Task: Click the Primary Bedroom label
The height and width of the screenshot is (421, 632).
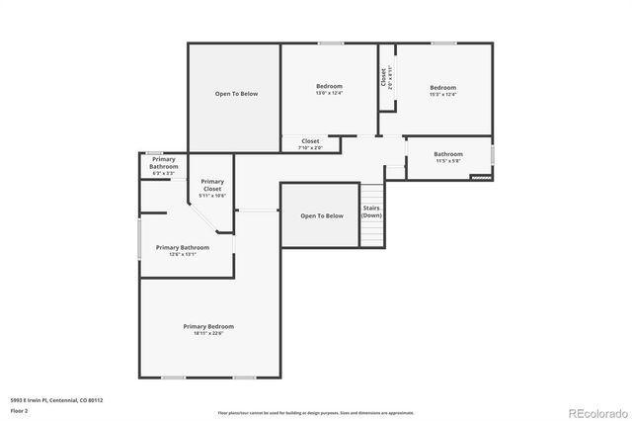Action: [x=208, y=326]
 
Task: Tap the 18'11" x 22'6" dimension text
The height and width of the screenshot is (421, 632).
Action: [x=208, y=333]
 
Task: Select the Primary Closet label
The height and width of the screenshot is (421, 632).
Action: [x=212, y=184]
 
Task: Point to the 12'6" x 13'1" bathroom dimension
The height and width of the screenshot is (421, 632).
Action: [x=182, y=254]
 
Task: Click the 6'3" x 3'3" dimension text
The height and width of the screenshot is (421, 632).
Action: [x=164, y=174]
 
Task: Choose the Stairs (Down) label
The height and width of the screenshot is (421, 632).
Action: [x=371, y=211]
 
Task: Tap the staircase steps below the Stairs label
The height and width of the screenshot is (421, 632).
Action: [x=371, y=233]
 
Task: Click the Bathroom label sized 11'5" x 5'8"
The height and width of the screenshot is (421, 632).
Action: [x=448, y=153]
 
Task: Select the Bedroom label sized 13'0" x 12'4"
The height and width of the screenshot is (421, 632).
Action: [x=329, y=87]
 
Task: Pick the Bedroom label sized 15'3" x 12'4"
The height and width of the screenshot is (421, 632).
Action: [x=443, y=87]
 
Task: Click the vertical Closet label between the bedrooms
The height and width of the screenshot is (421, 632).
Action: [x=382, y=76]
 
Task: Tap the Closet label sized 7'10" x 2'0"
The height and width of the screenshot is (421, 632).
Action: [x=310, y=141]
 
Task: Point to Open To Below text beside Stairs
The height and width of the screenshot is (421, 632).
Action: [x=322, y=215]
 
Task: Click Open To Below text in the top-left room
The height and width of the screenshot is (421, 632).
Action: [x=236, y=94]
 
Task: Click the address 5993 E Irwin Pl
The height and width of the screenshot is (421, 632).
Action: [x=56, y=400]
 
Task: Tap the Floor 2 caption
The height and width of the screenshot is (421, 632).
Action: [x=20, y=410]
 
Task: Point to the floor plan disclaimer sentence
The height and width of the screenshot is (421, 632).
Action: [x=315, y=412]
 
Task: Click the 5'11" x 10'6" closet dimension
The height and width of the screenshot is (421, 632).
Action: [x=212, y=196]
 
